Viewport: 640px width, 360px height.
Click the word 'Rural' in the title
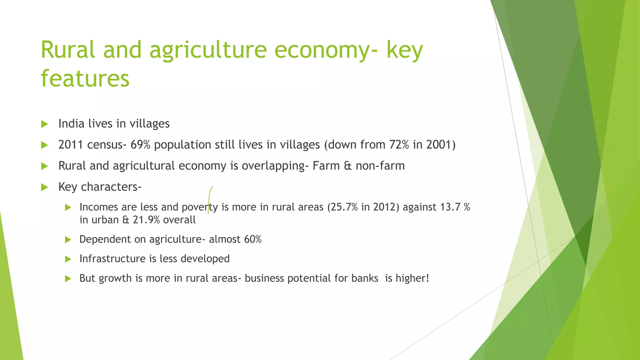coord(68,50)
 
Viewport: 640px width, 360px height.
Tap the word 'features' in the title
coord(85,78)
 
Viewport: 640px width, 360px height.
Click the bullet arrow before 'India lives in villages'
coord(44,124)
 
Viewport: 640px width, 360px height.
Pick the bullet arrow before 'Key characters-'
coord(44,187)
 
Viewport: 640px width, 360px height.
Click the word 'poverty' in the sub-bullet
coord(200,207)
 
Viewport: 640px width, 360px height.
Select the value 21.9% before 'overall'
coord(146,220)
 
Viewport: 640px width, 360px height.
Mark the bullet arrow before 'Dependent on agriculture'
coord(68,240)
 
